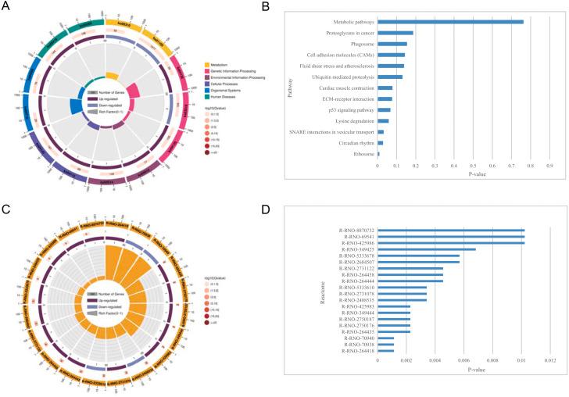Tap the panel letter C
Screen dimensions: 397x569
(x=6, y=209)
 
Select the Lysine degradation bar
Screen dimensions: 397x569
(x=383, y=121)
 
